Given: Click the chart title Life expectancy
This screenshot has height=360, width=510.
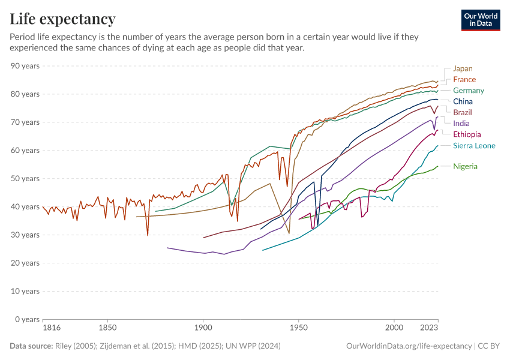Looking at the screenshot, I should [x=62, y=19].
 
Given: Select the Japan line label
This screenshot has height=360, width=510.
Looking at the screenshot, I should [x=463, y=68].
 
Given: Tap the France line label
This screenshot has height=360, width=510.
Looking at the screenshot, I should [x=464, y=79].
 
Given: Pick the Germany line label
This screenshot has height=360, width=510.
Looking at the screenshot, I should [x=469, y=91].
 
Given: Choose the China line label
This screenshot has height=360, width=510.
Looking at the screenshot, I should [x=463, y=101].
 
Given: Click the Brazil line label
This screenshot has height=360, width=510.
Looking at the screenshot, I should [x=463, y=112].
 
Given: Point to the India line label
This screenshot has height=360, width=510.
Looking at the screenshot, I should [x=461, y=124].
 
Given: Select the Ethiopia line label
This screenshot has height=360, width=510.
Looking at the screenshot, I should [x=467, y=134].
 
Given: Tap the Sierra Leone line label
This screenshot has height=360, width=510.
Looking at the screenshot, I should [x=474, y=146].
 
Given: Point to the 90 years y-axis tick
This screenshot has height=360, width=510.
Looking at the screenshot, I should [x=25, y=65].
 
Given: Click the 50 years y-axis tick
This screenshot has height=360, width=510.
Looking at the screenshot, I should [x=25, y=178].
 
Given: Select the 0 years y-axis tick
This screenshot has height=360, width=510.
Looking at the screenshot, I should [x=28, y=319].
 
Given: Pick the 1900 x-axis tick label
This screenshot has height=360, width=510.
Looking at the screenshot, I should [x=203, y=329].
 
